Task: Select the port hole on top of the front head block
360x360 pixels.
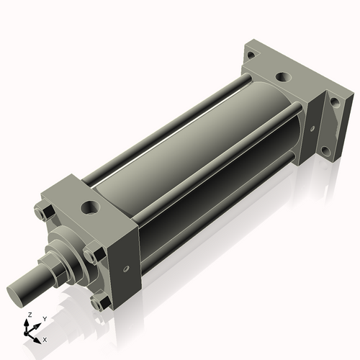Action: coord(89,207)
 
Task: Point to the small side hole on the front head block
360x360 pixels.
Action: coord(127,269)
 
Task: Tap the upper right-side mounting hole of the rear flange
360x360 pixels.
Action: coord(333,104)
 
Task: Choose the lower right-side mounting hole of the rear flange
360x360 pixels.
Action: coord(325,151)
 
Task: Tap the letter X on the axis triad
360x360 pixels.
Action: coord(45,338)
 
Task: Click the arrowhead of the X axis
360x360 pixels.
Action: coord(38,336)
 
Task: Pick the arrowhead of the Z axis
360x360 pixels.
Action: coord(28,322)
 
